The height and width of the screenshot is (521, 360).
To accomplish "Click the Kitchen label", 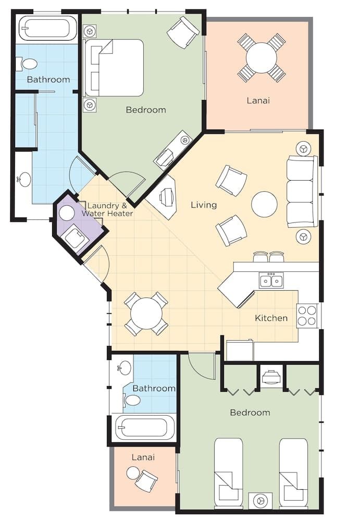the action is click(271, 318).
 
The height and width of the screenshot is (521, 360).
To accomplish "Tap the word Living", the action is click(204, 205).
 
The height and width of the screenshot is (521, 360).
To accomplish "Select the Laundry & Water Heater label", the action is click(107, 209).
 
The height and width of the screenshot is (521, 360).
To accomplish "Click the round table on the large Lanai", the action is click(262, 58).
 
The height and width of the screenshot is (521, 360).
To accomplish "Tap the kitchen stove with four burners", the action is click(307, 316).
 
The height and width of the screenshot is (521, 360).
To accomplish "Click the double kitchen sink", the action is click(271, 280).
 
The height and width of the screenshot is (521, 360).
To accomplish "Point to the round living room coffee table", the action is click(264, 204).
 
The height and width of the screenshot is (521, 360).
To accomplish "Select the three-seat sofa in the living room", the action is click(302, 191).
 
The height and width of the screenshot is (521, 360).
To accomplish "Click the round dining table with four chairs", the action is click(146, 314).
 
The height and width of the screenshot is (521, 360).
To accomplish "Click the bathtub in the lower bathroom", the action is click(145, 428).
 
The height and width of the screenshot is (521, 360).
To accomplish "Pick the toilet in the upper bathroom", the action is click(27, 64).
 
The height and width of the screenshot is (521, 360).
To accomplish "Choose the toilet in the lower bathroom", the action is click(132, 400).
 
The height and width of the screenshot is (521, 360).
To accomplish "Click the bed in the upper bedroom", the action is click(114, 68).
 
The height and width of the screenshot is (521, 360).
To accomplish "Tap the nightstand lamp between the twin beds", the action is click(260, 500).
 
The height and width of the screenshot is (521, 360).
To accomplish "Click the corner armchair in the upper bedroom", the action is click(183, 32).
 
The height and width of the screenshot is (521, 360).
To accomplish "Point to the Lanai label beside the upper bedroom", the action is click(258, 101).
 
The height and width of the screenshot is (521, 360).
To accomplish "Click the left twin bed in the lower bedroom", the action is click(229, 474).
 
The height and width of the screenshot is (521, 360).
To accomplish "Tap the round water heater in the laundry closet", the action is click(67, 213).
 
